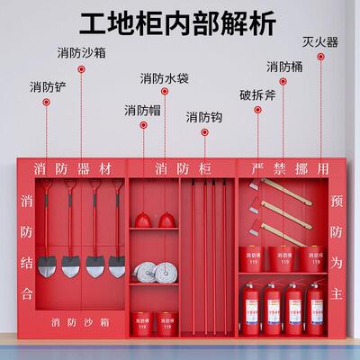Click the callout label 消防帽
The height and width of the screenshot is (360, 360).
(142, 110)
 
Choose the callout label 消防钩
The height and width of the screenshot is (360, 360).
(204, 118)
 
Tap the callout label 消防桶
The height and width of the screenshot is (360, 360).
(284, 67)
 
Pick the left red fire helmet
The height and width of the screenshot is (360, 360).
(145, 218)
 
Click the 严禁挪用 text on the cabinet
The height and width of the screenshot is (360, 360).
(283, 168)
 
